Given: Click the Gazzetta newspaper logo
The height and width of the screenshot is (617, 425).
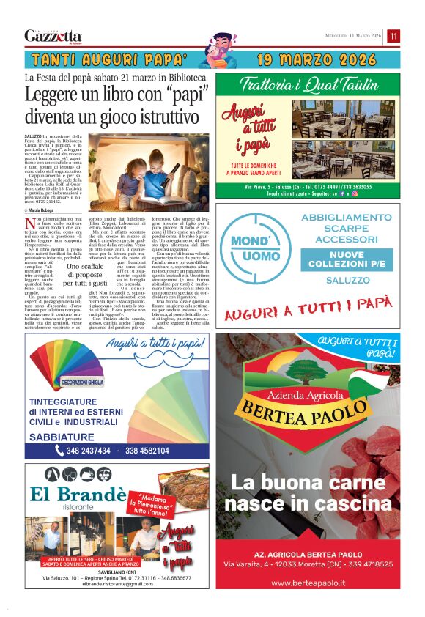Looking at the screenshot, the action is pyautogui.click(x=53, y=36).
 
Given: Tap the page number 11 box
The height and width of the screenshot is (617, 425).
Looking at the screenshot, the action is pyautogui.click(x=393, y=36).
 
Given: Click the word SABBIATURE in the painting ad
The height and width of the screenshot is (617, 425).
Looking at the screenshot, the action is pyautogui.click(x=62, y=437).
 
